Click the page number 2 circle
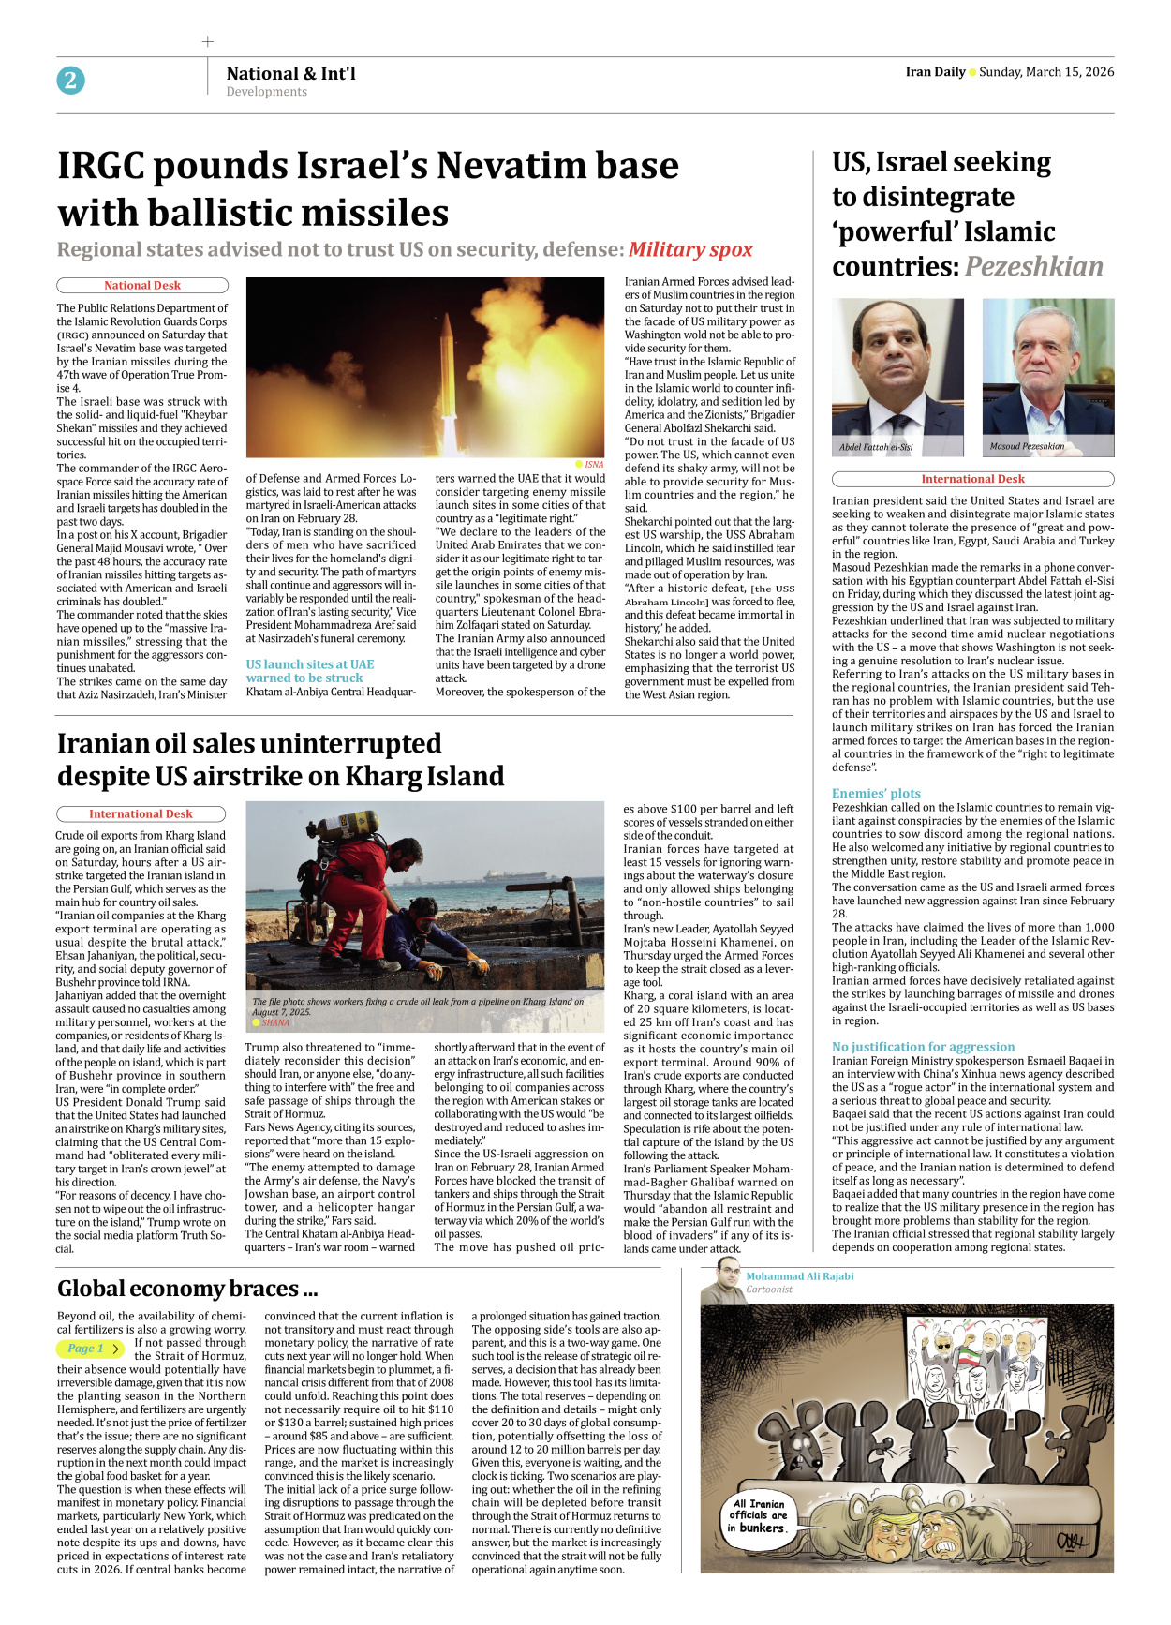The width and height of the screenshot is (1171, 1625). coord(70,81)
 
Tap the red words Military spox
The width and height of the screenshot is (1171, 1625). coord(690,249)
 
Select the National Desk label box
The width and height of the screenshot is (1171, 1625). coord(142,286)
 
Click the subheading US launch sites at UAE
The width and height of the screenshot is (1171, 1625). coord(310,664)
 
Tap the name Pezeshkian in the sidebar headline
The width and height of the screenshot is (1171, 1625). coord(1033,267)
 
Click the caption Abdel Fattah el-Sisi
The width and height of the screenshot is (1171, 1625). coord(876,447)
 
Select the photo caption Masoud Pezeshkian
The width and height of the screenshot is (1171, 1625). coord(1027,446)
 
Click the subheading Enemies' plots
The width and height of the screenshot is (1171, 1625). coord(876,793)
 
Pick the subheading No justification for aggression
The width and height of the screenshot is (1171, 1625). coord(923,1047)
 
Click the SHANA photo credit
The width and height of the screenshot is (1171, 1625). coord(274,1022)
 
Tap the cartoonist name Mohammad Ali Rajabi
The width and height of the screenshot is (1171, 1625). coord(799,1276)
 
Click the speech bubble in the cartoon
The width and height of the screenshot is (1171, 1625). coord(759,1515)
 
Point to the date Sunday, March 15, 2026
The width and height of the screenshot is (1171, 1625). coord(1046,72)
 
